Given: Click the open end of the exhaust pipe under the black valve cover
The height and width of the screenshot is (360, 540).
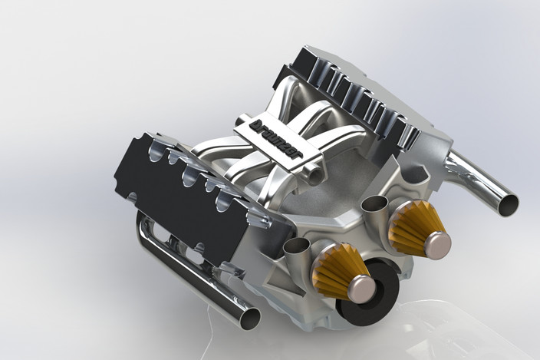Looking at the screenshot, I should pyautogui.click(x=250, y=317).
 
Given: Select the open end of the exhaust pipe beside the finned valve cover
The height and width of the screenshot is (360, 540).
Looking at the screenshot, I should pyautogui.click(x=507, y=204).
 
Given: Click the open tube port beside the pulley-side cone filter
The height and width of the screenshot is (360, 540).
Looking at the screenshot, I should pyautogui.click(x=295, y=246).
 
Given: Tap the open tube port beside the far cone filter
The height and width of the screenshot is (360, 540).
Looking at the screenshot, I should pyautogui.click(x=374, y=203).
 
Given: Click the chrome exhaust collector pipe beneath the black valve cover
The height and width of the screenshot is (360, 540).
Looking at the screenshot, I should pyautogui.click(x=192, y=276).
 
